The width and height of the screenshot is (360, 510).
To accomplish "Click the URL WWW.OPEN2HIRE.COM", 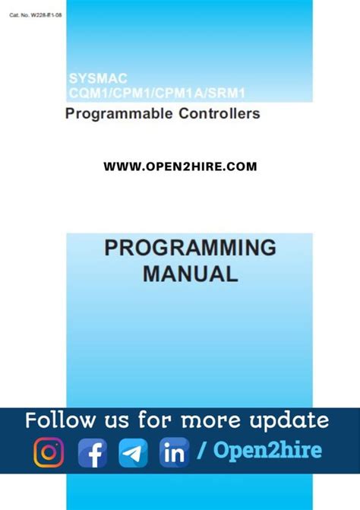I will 180,166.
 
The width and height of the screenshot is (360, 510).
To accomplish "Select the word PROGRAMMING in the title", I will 189,248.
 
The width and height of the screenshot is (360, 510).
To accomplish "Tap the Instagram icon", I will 49,452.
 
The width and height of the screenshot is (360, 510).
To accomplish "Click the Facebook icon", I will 92,454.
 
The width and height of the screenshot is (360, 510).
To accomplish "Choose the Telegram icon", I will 134,454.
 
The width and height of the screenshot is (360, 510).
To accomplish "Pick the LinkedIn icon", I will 175,454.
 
